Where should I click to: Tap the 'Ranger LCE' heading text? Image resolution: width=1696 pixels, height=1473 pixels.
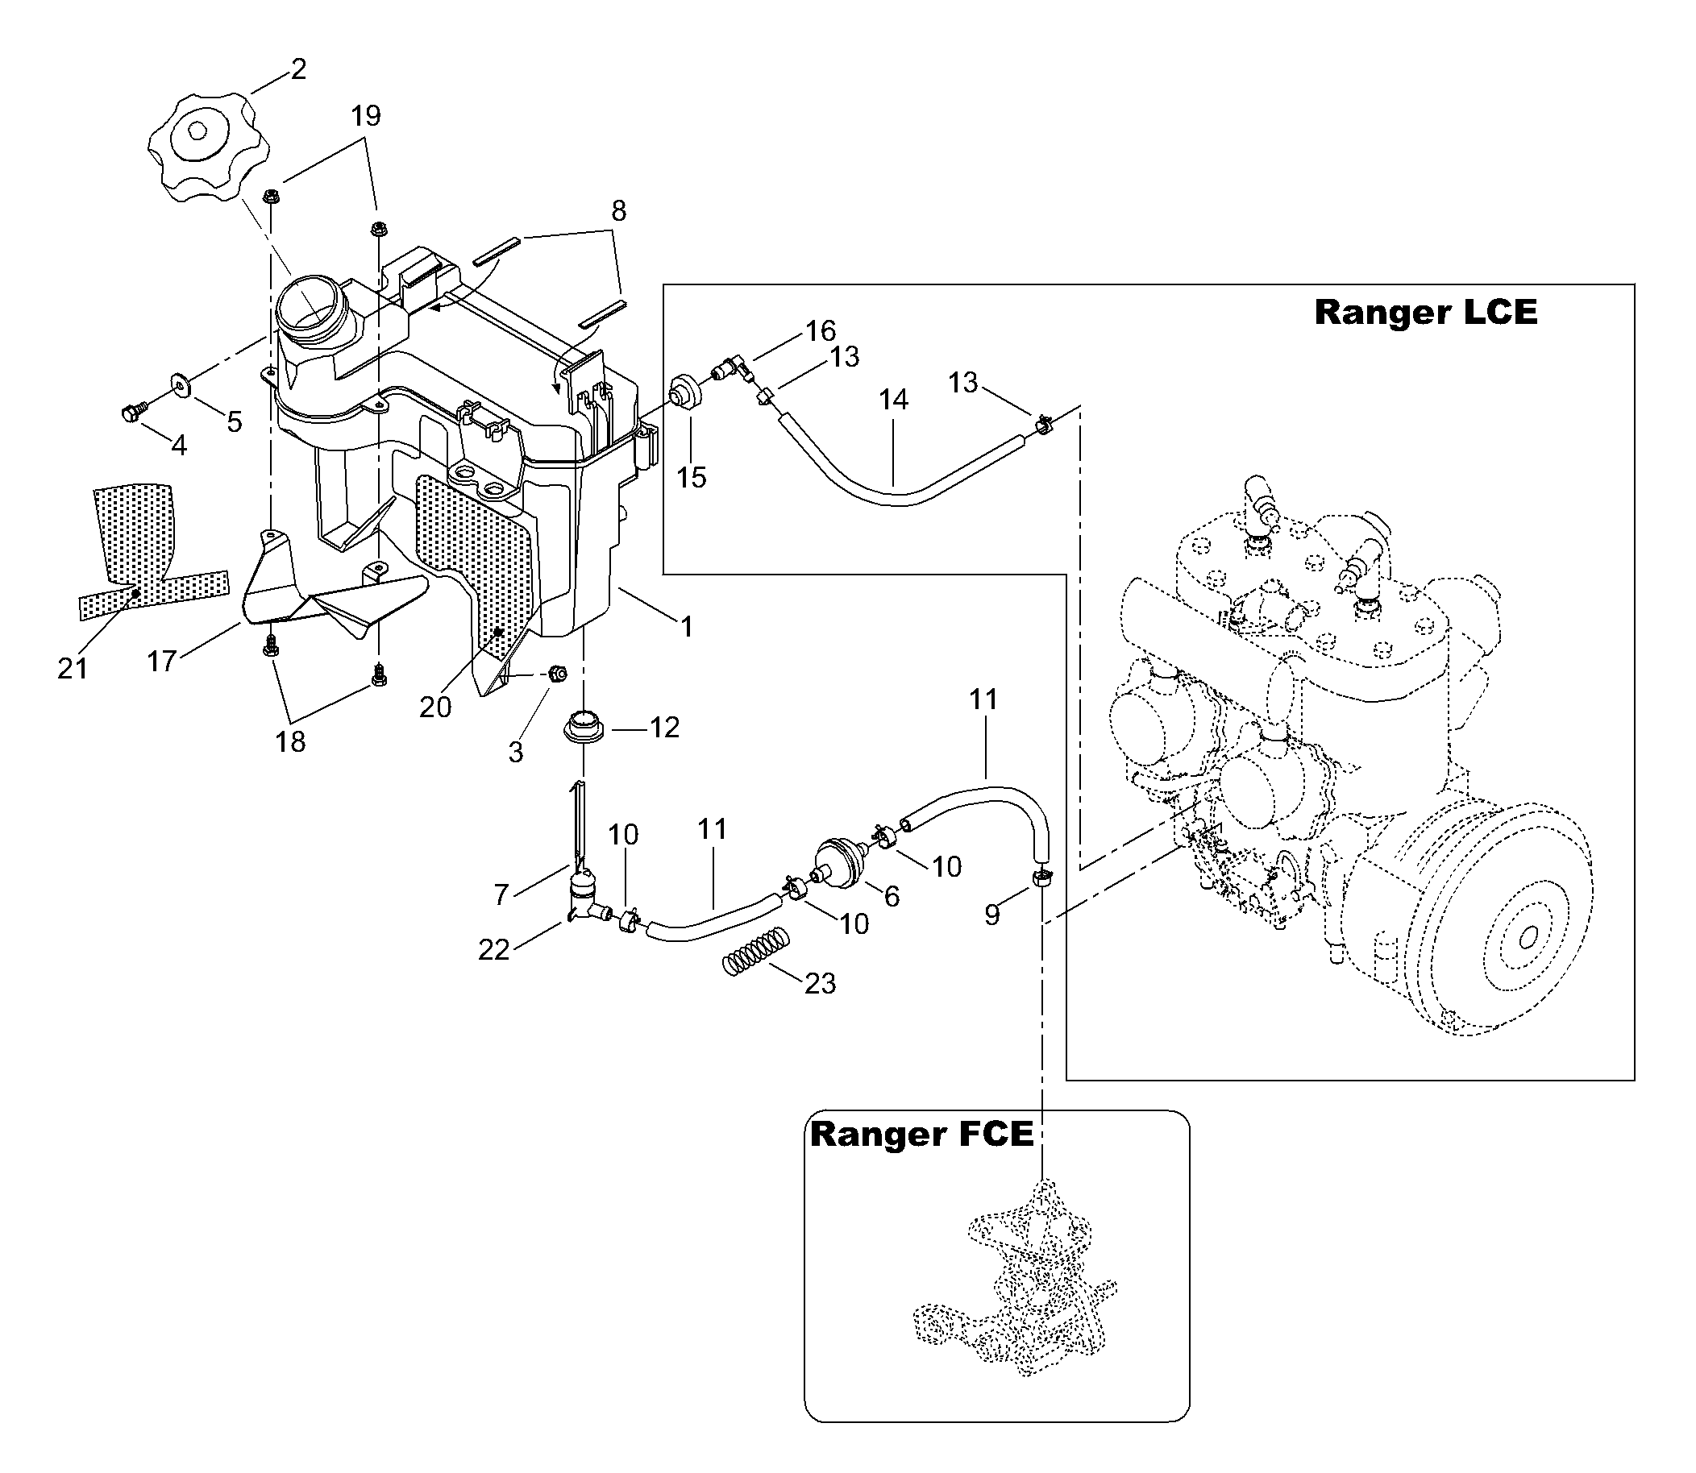pyautogui.click(x=1425, y=313)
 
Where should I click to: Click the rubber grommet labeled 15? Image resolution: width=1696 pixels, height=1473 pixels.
pyautogui.click(x=686, y=392)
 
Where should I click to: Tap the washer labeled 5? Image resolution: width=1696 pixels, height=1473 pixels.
pyautogui.click(x=178, y=384)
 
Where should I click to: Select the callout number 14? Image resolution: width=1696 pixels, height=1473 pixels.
pyautogui.click(x=894, y=400)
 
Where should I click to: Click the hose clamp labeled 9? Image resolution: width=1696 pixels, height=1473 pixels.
pyautogui.click(x=1041, y=879)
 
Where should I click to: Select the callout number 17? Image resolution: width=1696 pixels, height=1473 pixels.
pyautogui.click(x=162, y=660)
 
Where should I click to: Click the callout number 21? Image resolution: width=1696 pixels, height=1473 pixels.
pyautogui.click(x=73, y=669)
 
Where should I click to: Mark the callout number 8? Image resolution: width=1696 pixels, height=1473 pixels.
pyautogui.click(x=619, y=211)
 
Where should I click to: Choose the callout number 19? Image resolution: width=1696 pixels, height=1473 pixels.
pyautogui.click(x=366, y=116)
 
